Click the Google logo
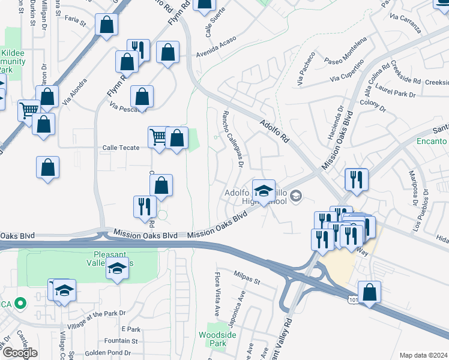[20, 353]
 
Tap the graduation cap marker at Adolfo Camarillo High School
[263, 191]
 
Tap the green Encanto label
[431, 142]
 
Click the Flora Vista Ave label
[217, 295]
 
